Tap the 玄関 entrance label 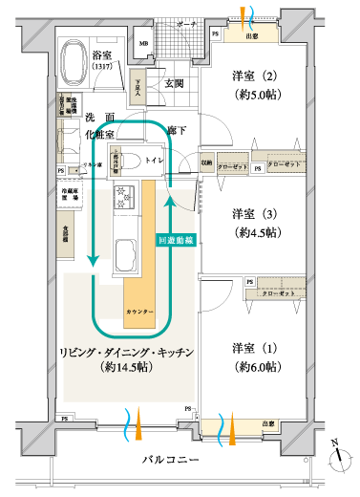pos(174,84)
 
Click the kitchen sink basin pos(126,255)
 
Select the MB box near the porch pos(143,44)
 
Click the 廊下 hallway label pos(177,129)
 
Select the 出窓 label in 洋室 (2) pos(252,36)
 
